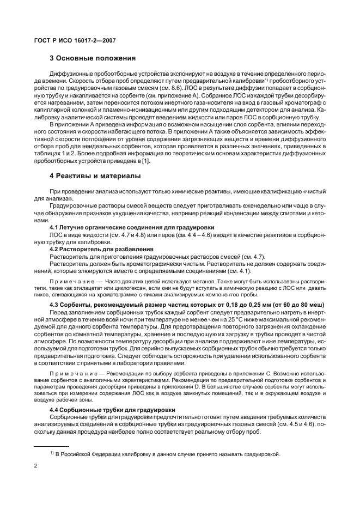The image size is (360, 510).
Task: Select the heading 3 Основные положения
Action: tap(93, 58)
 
